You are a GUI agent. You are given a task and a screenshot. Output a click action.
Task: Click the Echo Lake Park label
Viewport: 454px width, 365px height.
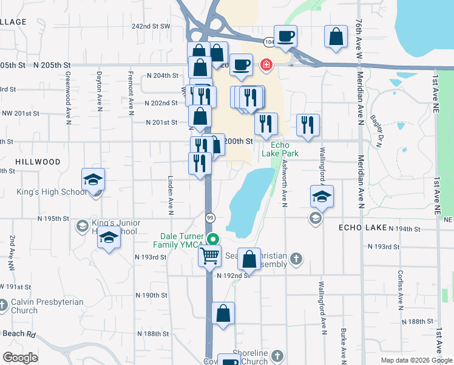click(280, 149)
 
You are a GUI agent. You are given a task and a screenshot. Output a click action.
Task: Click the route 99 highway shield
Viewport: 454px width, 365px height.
click(211, 217)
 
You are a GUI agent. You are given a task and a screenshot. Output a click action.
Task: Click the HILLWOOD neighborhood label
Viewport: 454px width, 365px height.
click(38, 162)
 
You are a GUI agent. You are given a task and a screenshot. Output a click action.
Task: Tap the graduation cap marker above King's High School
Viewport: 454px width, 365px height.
click(93, 179)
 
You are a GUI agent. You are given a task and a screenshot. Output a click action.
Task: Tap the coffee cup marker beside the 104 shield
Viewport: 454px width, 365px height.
click(285, 36)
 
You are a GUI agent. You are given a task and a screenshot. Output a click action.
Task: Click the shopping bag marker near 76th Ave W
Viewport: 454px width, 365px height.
click(336, 36)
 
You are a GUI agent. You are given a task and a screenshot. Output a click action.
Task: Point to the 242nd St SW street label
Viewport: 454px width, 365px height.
click(151, 27)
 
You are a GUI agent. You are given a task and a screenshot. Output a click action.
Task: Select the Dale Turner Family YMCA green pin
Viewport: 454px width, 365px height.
click(212, 239)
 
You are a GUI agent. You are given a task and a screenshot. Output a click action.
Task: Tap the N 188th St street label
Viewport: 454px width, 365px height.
click(152, 334)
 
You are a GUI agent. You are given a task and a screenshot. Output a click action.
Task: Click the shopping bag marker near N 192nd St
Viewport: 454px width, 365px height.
click(249, 259)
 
